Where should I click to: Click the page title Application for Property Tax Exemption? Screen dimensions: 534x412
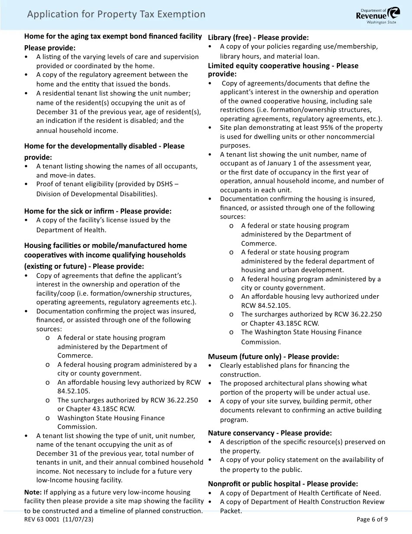click(x=116, y=14)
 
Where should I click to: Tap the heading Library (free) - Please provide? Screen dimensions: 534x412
click(x=258, y=37)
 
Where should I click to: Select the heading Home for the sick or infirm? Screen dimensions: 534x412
click(x=98, y=211)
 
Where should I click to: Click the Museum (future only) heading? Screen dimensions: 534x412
click(x=273, y=356)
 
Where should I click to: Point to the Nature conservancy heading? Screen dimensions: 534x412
click(x=270, y=433)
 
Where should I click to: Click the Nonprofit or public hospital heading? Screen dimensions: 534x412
click(x=283, y=484)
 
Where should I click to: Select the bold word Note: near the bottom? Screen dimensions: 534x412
click(x=33, y=492)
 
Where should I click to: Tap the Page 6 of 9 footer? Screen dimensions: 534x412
click(x=372, y=519)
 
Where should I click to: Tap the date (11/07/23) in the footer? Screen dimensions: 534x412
click(x=78, y=519)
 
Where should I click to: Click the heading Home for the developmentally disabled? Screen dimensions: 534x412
click(x=104, y=146)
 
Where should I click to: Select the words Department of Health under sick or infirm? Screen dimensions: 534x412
click(x=71, y=230)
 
